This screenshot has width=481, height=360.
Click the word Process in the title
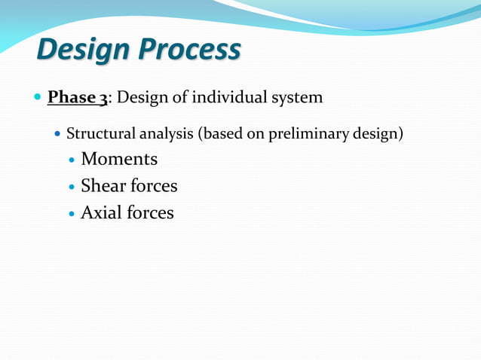188,50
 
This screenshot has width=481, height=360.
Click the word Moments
119,159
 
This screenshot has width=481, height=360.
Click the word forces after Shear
152,185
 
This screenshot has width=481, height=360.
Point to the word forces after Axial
149,212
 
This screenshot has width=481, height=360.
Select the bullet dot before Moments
72,160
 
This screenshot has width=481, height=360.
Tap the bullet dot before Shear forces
72,187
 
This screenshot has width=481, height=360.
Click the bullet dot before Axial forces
72,214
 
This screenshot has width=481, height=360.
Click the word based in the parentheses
219,135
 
